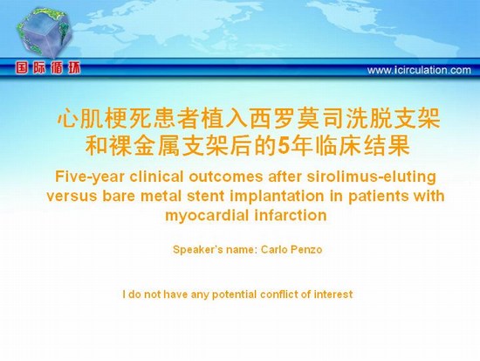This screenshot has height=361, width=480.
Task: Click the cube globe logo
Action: (45, 33)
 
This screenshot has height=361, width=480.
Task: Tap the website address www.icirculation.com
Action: (419, 70)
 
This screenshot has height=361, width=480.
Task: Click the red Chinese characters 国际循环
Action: (48, 68)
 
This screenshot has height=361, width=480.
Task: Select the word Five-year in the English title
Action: (89, 177)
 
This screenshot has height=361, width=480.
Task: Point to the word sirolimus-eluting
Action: (371, 177)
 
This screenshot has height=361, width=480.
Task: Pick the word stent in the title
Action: (205, 196)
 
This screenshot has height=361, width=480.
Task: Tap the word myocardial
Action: (207, 216)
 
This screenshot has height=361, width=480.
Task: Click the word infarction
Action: (291, 215)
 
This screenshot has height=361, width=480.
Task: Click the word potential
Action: (234, 295)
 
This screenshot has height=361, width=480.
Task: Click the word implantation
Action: (277, 197)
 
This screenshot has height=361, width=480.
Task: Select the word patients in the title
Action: (379, 197)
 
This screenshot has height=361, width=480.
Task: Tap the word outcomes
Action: (226, 177)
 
